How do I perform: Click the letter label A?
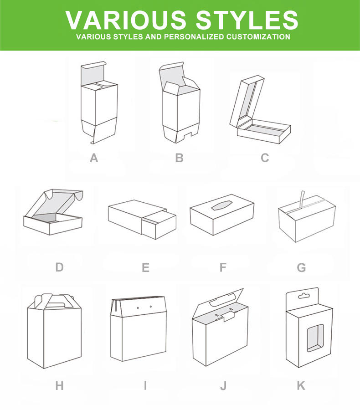click(x=94, y=158)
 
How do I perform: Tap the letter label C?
click(x=265, y=158)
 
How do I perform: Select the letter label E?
click(x=145, y=267)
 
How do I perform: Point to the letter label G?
click(x=301, y=267)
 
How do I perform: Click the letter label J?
click(x=223, y=386)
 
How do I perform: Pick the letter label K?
click(x=301, y=386)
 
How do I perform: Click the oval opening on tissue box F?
click(x=222, y=205)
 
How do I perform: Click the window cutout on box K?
click(x=315, y=338)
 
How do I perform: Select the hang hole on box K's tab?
click(x=304, y=296)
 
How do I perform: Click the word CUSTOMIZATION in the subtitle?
click(x=258, y=36)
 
